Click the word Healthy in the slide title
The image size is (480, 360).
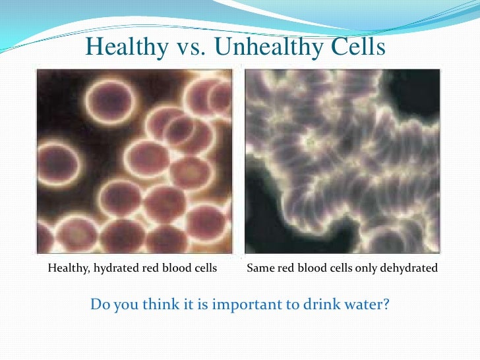(123, 46)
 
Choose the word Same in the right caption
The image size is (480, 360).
(260, 269)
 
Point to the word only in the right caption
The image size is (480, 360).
(374, 269)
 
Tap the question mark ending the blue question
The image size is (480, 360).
(387, 305)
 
